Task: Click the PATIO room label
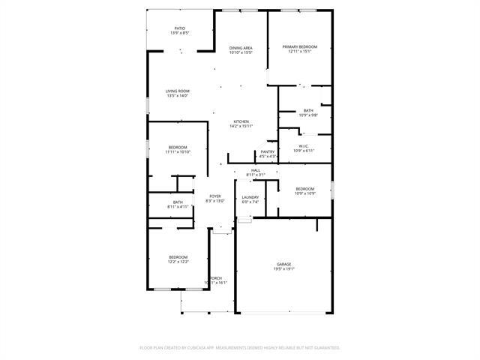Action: click(180, 28)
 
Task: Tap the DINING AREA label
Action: click(241, 48)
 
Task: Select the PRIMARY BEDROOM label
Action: click(300, 46)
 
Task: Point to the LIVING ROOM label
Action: click(178, 91)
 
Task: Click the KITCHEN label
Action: click(241, 121)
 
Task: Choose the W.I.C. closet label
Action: click(304, 146)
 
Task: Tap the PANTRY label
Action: click(268, 152)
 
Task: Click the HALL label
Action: click(256, 170)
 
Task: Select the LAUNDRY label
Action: click(250, 197)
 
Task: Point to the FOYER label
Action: click(215, 196)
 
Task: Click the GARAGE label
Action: click(283, 264)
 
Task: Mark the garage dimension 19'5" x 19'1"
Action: click(283, 268)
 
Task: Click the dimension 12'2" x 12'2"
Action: click(178, 261)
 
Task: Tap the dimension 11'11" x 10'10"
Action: click(178, 151)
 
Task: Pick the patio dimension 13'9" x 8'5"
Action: click(180, 33)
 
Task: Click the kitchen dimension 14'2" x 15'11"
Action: click(241, 126)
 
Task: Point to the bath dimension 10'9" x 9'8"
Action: click(308, 115)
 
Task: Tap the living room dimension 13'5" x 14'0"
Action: click(178, 96)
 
